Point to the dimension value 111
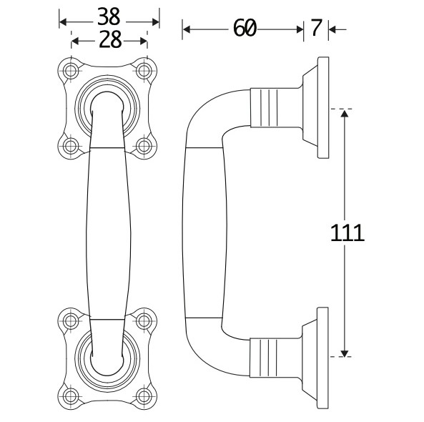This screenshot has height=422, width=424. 347,232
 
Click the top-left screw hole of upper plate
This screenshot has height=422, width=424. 71,71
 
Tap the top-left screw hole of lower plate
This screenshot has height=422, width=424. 71,320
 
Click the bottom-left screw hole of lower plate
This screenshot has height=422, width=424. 71,394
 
